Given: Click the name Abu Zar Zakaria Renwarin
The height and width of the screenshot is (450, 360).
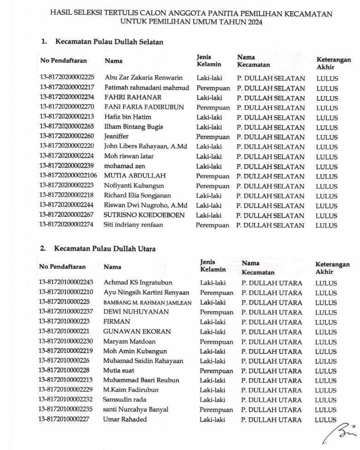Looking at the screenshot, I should [144, 78].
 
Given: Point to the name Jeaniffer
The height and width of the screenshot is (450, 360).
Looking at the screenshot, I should [117, 136].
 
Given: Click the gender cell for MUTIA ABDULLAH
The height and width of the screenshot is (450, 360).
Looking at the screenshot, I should [212, 176].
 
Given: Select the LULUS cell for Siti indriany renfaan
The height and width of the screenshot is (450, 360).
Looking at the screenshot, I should [326, 225].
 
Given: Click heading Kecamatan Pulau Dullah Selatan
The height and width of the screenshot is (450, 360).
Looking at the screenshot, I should [109, 41].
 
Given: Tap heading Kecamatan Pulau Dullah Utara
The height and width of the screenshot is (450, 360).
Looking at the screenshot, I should [105, 249].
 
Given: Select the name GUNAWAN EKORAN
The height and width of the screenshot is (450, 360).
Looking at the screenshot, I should [137, 332].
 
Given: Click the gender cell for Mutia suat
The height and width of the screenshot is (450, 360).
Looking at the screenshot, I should [216, 371].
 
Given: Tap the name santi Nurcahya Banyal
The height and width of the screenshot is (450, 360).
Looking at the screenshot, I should [136, 409].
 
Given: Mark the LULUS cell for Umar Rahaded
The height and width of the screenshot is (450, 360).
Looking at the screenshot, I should [326, 420].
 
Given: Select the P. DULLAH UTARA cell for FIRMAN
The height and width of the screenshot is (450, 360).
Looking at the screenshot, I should [272, 322].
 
